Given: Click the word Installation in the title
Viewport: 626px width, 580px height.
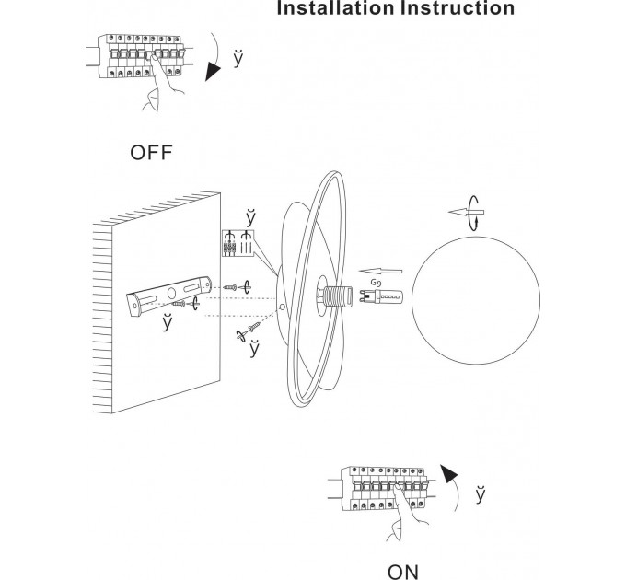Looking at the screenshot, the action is (x=335, y=8).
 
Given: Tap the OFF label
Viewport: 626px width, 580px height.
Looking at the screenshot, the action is (x=151, y=153).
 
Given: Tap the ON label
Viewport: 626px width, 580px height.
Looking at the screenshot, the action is (x=403, y=572).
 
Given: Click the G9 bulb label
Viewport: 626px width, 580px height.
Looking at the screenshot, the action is (x=376, y=283).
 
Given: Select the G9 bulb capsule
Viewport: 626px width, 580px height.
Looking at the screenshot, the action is (x=381, y=297).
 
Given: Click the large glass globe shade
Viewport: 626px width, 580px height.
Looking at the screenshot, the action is (x=476, y=300).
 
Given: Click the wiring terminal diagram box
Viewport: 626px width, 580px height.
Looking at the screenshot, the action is (x=238, y=243).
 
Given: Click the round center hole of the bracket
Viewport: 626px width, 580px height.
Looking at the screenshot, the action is (x=171, y=293).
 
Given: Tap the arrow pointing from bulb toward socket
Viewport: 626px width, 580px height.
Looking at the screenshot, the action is (x=380, y=272).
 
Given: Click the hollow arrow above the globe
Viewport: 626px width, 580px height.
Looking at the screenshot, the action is (x=466, y=212).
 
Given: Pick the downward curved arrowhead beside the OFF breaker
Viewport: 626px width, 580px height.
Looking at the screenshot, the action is (x=214, y=72).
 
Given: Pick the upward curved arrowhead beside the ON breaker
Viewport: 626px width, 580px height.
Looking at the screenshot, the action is (x=449, y=473).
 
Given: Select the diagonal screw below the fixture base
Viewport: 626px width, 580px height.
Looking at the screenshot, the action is (x=254, y=328).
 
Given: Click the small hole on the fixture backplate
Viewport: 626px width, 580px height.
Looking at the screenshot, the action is (x=283, y=307).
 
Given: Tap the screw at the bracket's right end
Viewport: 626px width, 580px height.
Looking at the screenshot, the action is (x=230, y=287).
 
